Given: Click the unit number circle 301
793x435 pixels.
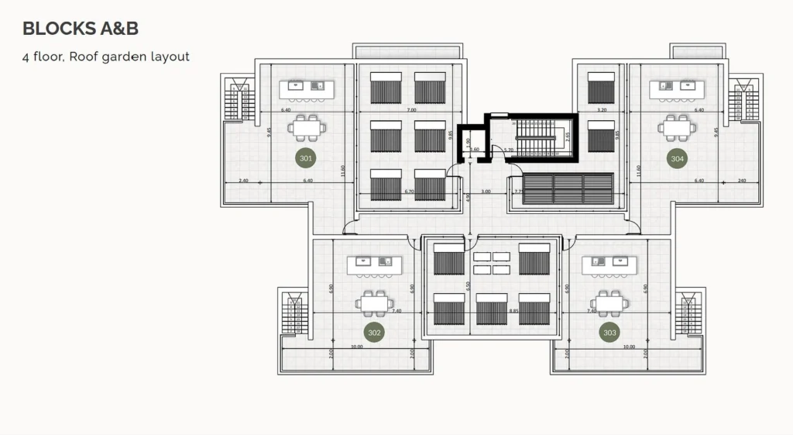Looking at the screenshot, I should click(x=306, y=158).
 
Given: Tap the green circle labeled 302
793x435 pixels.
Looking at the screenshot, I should click(x=375, y=333).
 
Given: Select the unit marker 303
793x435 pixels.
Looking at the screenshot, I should click(x=609, y=333).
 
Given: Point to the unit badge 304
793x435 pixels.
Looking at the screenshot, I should click(x=678, y=158).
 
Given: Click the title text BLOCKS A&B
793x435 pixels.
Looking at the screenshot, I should click(x=81, y=29).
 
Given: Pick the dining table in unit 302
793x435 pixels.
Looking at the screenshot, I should click(x=377, y=301).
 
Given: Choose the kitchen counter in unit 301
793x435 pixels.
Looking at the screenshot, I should click(x=306, y=86).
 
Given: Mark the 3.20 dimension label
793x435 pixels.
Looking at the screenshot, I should click(x=601, y=111).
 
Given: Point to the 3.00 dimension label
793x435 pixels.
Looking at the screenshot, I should click(x=486, y=191).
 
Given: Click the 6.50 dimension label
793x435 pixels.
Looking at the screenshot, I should click(x=467, y=285).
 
